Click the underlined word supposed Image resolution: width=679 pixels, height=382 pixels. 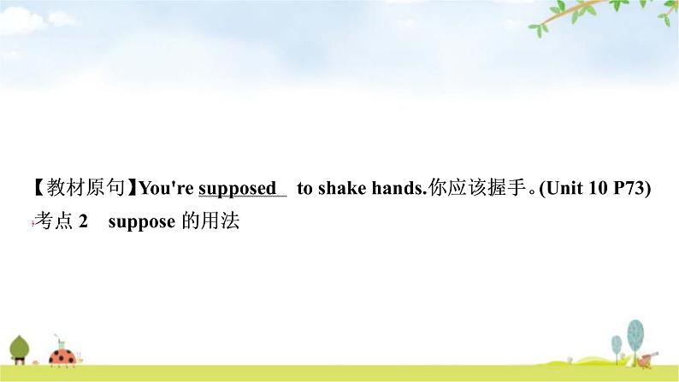[237, 189]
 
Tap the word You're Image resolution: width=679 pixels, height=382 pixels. [167, 188]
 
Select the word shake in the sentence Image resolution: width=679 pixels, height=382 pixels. [342, 188]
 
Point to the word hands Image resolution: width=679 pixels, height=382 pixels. [397, 188]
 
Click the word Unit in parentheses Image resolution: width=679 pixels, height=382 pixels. [564, 188]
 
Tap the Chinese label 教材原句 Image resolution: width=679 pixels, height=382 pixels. [86, 188]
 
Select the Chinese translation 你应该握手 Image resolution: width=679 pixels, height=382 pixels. [477, 188]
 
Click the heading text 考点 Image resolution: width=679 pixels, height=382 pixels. [54, 221]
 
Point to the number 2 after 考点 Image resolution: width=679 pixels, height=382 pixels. [83, 221]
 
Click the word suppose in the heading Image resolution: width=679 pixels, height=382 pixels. [142, 222]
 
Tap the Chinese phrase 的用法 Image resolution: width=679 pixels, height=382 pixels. [210, 221]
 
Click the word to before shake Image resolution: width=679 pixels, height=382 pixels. [304, 188]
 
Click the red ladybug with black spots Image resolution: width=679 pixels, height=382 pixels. [62, 357]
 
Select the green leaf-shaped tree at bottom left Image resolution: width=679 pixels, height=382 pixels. [20, 350]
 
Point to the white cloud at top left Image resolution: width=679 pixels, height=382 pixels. [24, 21]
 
